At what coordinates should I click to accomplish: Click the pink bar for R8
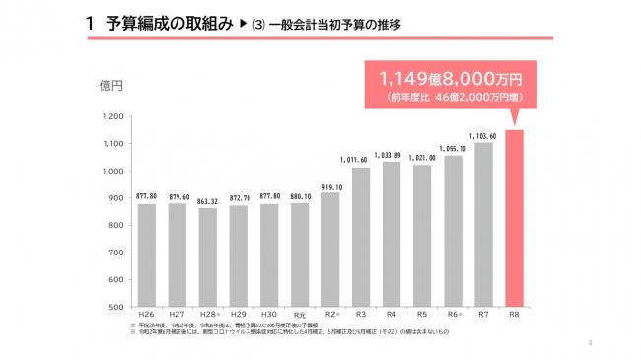[x=514, y=217]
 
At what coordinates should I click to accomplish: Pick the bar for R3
[x=361, y=237]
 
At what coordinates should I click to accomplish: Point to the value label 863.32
[x=207, y=200]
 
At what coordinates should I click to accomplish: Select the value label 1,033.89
[x=392, y=155]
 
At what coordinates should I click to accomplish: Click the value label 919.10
[x=330, y=185]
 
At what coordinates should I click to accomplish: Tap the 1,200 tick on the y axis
[x=110, y=117]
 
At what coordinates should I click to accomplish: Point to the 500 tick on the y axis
[x=114, y=307]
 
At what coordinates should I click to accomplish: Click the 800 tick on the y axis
[x=114, y=226]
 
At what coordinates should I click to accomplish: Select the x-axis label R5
[x=422, y=315]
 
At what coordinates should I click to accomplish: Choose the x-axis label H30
[x=268, y=315]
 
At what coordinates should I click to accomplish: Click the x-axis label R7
[x=483, y=315]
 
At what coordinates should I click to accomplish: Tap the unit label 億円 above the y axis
[x=109, y=87]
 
